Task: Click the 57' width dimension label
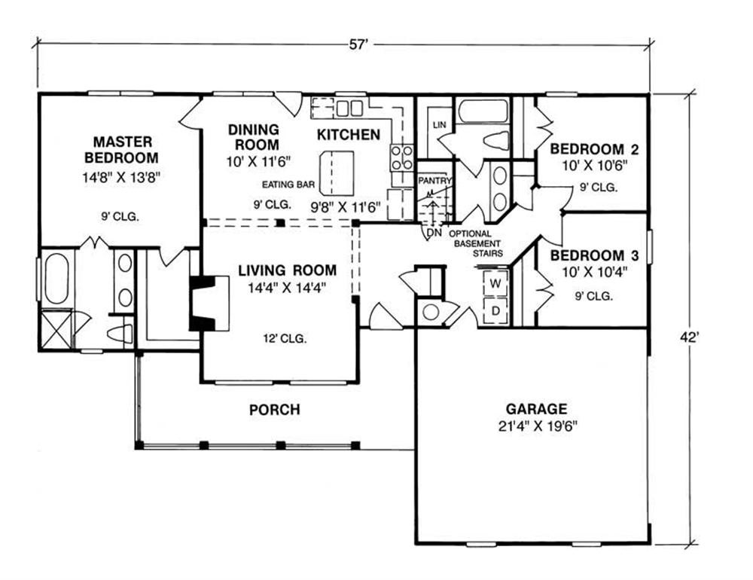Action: tap(358, 44)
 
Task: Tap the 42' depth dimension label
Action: tap(689, 337)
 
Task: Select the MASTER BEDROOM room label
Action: tap(121, 149)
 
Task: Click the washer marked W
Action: tap(495, 283)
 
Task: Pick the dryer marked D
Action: tap(495, 311)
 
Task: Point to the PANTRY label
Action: tap(434, 181)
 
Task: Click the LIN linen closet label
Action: tap(440, 125)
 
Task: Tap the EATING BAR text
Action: tap(288, 185)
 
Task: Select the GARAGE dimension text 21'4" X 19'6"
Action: tap(538, 426)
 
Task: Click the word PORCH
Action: tap(275, 410)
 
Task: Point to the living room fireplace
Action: tap(209, 304)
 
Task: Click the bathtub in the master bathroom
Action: tap(56, 279)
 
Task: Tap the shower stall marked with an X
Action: tap(56, 329)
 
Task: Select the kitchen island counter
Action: tap(337, 173)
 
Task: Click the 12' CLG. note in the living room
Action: tap(285, 339)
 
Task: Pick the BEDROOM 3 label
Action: tap(594, 255)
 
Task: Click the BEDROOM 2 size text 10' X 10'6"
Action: tap(595, 166)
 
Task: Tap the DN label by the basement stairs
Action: tap(434, 233)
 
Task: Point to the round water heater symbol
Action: tap(431, 313)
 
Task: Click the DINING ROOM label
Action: tap(254, 137)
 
